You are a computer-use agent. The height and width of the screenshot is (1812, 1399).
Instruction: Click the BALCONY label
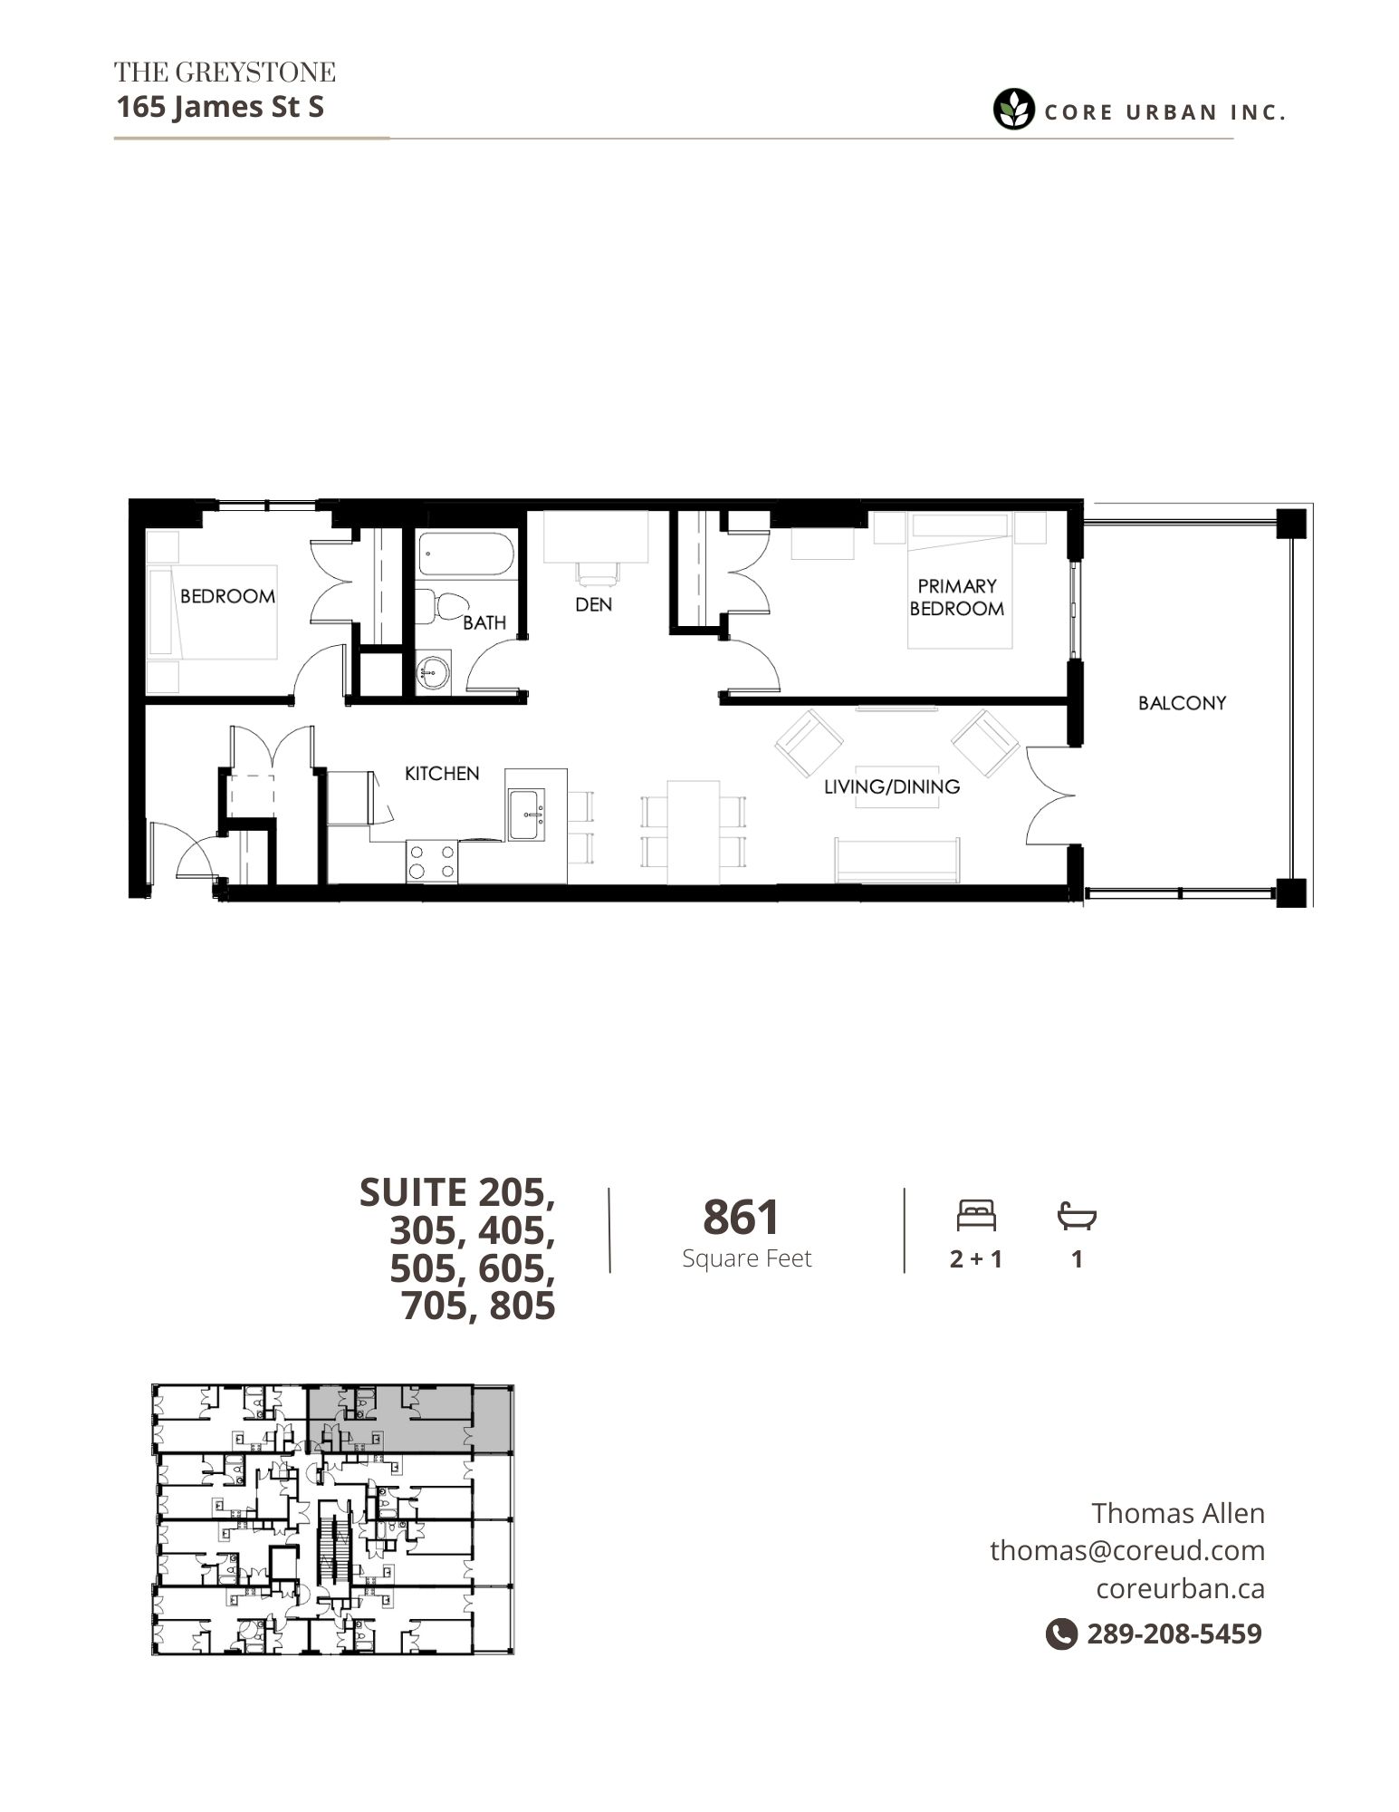pos(1182,703)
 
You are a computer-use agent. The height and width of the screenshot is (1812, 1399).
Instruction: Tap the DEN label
pos(593,604)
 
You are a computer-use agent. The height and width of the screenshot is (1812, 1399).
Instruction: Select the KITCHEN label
pos(442,774)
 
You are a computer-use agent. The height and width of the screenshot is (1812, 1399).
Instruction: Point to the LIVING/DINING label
pos(892,786)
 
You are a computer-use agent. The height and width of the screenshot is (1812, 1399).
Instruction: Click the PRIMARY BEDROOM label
pos(957,597)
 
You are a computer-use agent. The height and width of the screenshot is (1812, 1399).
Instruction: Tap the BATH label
pos(484,623)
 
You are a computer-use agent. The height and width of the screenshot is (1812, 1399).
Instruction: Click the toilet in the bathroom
pos(440,605)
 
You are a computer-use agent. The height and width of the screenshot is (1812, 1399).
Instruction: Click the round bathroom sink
pos(432,673)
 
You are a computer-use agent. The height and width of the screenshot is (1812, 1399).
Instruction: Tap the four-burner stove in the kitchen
pos(432,862)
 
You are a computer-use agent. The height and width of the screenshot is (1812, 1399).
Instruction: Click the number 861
pos(741,1218)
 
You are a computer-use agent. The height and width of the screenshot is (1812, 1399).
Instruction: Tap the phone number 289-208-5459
pos(1174,1634)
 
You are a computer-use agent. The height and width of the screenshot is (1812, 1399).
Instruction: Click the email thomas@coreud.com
pos(1127,1550)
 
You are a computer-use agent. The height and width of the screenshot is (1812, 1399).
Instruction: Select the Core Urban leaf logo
pos(1013,110)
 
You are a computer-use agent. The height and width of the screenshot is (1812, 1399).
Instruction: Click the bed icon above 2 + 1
pos(976,1216)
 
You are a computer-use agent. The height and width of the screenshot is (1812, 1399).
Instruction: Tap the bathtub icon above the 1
pos(1077,1216)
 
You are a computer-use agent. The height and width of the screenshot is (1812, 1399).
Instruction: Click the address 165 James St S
pos(220,107)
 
